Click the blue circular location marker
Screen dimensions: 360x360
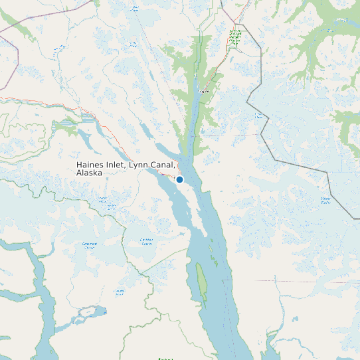pos(179,179)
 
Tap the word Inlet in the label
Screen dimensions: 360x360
pos(116,164)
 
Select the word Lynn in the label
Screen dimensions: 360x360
pos(139,164)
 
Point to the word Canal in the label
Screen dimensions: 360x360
pos(163,164)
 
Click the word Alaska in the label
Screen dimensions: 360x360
pos(89,173)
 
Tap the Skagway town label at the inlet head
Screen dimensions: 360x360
pos(203,92)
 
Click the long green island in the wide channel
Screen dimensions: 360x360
pos(201,279)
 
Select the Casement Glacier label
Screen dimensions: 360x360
pos(89,245)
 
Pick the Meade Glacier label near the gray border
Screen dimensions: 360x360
pos(325,200)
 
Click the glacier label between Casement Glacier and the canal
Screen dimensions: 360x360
pos(146,241)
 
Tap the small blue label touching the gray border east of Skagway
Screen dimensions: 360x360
pos(259,116)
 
